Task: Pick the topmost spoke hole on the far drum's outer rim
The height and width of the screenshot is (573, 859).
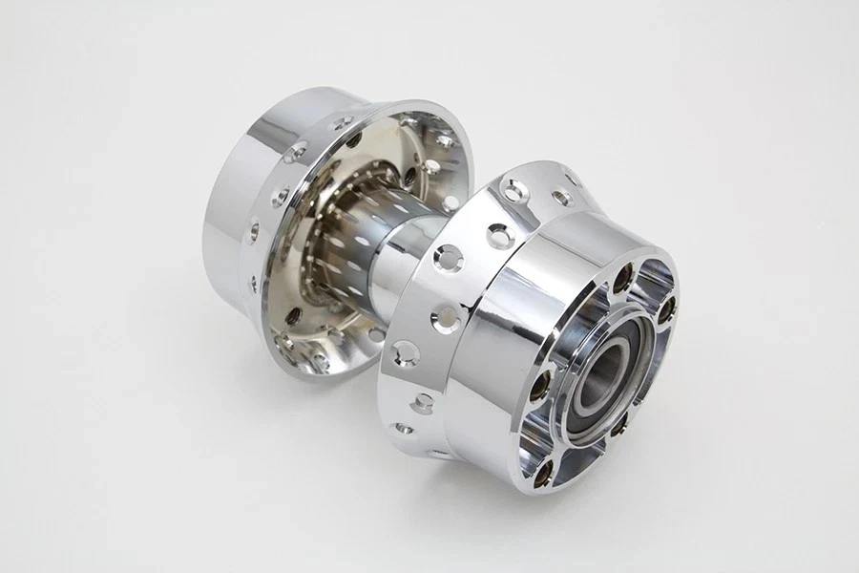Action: pyautogui.click(x=346, y=121)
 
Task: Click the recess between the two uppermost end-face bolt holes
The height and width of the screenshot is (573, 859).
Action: pyautogui.click(x=649, y=277)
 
